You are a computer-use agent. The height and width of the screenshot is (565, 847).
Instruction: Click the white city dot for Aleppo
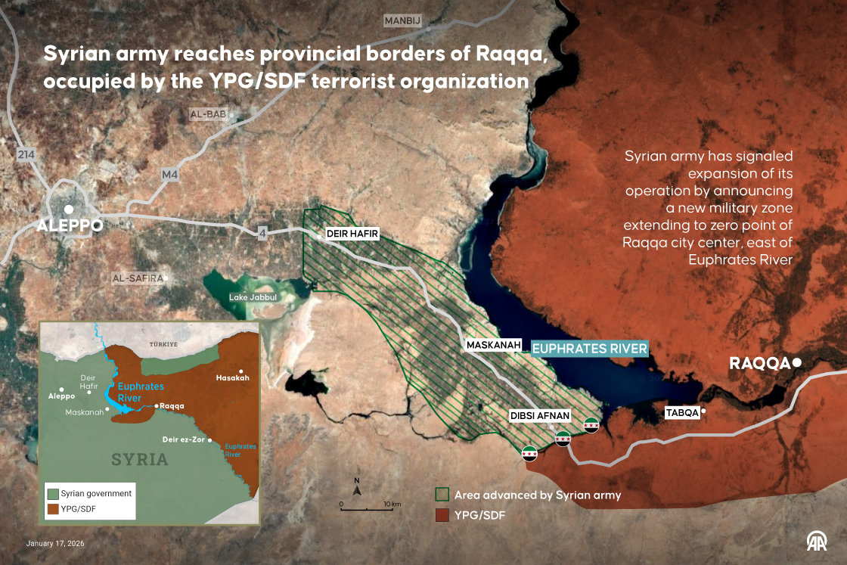(69, 210)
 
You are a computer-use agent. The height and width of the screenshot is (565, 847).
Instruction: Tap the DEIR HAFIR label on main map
(352, 234)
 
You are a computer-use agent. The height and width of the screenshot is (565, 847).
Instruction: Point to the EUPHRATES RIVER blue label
(589, 349)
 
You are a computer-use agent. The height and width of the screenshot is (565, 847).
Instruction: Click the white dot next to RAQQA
(796, 364)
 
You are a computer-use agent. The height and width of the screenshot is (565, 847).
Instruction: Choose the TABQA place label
(682, 412)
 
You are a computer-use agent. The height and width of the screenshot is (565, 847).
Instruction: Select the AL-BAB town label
(208, 114)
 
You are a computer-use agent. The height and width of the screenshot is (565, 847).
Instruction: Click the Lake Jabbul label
(253, 297)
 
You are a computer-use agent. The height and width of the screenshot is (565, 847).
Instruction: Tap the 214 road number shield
(26, 155)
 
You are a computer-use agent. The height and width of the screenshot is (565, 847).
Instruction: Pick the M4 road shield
(169, 175)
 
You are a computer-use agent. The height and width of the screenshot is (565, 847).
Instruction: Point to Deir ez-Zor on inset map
(185, 439)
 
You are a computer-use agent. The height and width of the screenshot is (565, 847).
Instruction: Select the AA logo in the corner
(816, 541)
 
